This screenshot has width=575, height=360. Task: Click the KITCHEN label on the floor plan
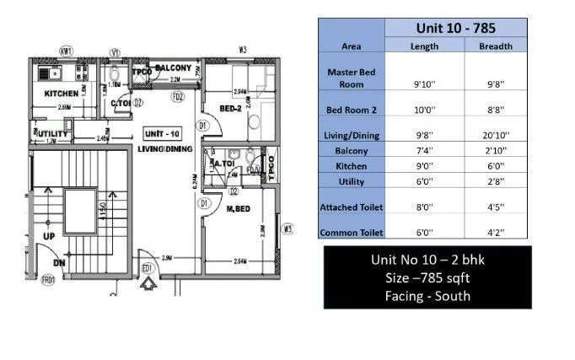(x=62, y=94)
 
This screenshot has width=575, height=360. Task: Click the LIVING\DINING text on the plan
(x=165, y=149)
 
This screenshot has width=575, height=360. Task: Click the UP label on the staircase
(x=49, y=236)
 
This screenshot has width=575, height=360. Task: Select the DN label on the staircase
(x=59, y=262)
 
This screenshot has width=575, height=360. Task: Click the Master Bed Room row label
(x=352, y=78)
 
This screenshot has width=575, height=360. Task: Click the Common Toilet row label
(x=352, y=232)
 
